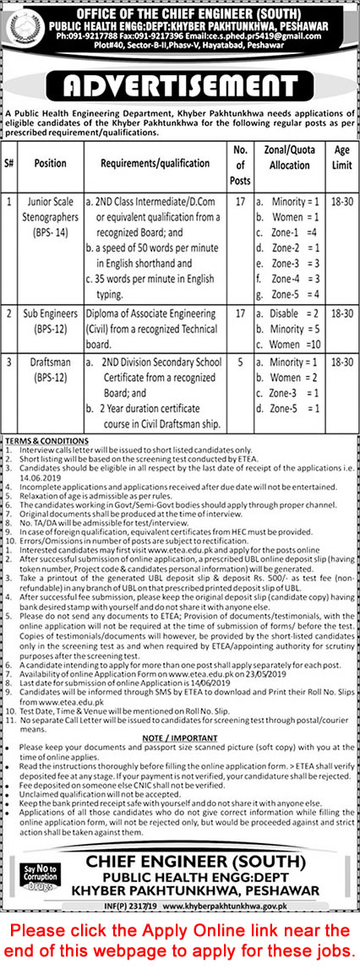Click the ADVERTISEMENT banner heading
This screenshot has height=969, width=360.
(x=180, y=87)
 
